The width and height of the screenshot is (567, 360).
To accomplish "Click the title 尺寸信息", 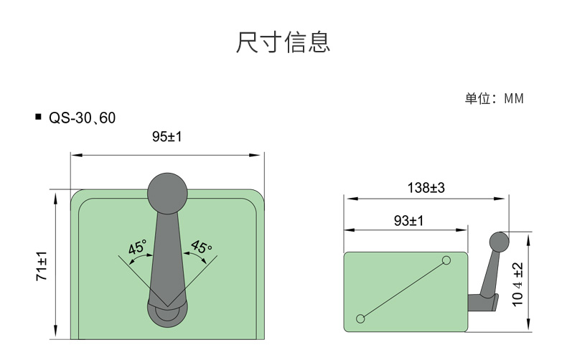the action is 283,42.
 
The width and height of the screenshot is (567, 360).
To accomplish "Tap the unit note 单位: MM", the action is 494,98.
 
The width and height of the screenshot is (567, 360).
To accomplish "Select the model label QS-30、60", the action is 82,118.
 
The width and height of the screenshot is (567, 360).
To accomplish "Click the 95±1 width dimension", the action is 167,137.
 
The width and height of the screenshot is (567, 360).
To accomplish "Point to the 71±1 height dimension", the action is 42,265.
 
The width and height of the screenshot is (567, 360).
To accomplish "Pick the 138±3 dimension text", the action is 426,188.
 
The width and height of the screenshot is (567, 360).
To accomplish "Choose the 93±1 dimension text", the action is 408,220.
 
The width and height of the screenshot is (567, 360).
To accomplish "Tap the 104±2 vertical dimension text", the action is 517,285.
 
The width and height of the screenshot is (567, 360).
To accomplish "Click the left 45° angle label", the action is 137,247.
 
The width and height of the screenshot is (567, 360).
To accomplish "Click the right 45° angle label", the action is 202,247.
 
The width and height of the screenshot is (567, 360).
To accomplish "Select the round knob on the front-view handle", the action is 167,193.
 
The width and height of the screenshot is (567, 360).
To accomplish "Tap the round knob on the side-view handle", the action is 500,242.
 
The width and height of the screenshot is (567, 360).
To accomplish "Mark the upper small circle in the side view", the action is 446,260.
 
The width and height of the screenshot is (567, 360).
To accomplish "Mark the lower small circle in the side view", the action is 360,318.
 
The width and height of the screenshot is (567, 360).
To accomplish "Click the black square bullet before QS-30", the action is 39,117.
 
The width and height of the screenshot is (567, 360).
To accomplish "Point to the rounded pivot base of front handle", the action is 167,314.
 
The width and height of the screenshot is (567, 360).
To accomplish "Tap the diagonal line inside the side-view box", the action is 403,290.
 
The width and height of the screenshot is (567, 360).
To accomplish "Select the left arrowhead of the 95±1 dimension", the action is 77,155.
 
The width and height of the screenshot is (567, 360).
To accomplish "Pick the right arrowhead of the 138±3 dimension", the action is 500,199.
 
